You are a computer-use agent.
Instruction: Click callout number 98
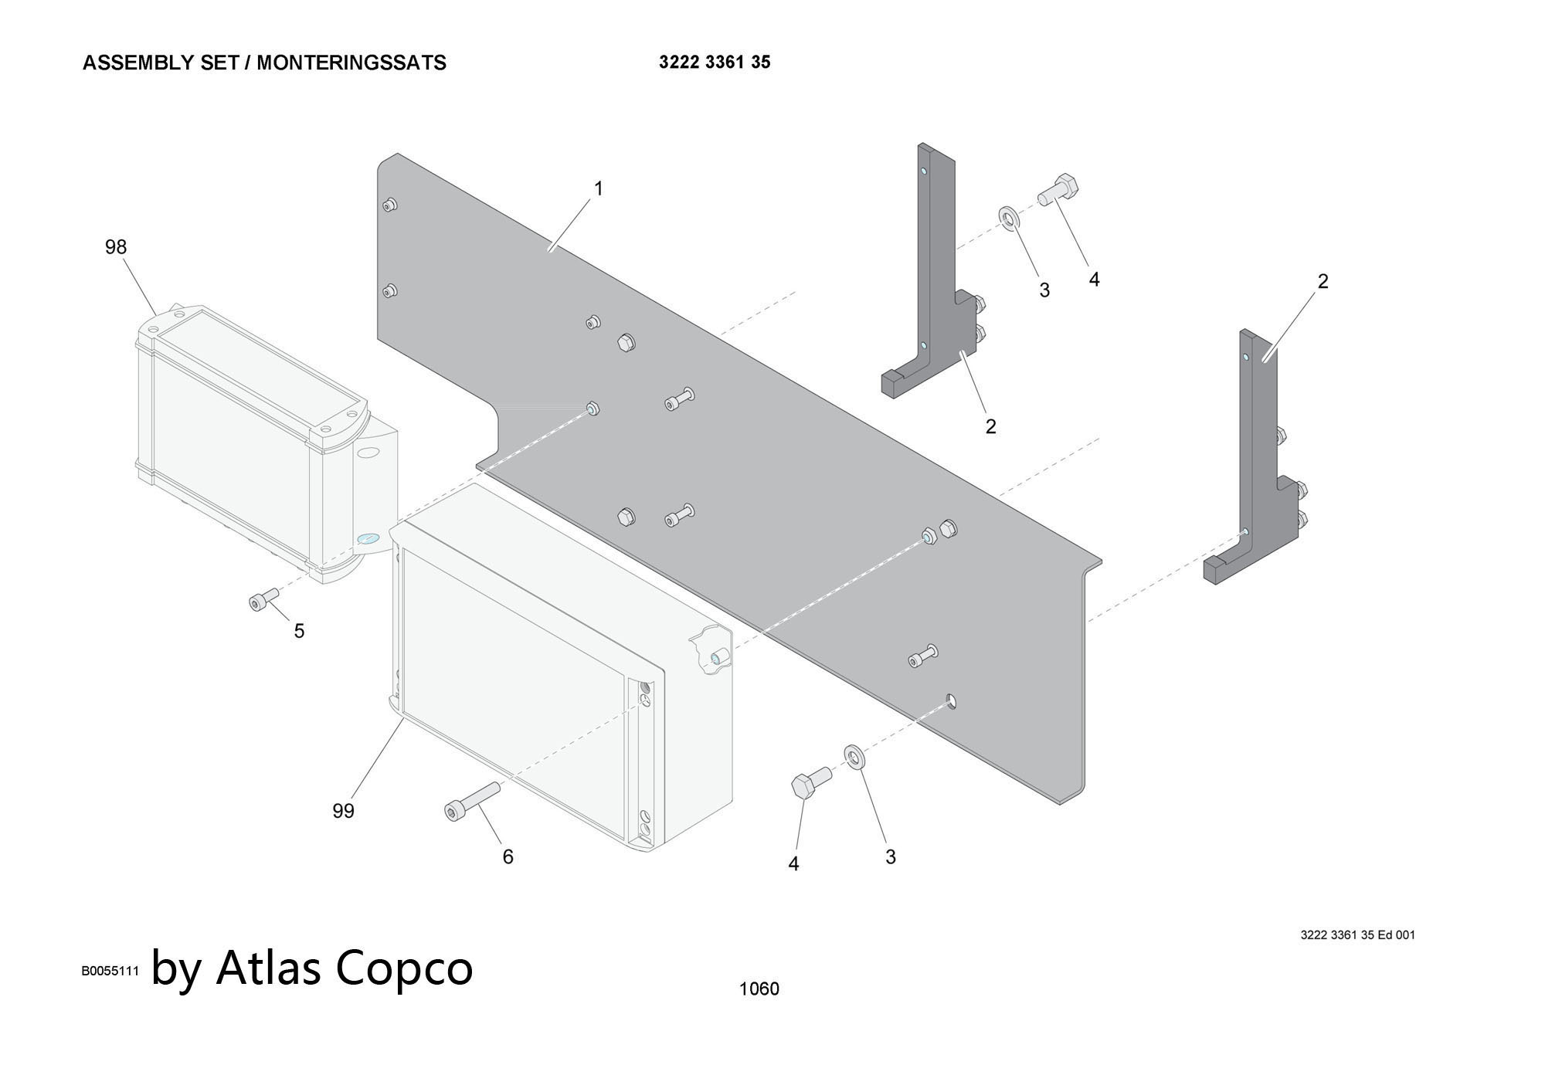(116, 247)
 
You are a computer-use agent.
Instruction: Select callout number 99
(343, 811)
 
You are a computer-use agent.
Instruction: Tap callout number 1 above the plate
(598, 188)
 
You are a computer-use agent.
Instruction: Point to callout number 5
(299, 631)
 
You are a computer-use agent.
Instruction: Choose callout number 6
(508, 856)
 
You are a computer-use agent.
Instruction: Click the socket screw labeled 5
(263, 599)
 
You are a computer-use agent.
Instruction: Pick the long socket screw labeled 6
(470, 800)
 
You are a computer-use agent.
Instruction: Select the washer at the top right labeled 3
(1009, 218)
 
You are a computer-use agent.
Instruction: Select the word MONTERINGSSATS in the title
(351, 63)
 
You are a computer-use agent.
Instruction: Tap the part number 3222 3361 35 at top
(715, 62)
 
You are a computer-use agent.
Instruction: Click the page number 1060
(759, 989)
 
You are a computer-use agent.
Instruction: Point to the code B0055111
(110, 971)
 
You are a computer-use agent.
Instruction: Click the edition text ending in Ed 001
(1357, 934)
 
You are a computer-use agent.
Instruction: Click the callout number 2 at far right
(1323, 281)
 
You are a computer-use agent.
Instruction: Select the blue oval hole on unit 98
(368, 539)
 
